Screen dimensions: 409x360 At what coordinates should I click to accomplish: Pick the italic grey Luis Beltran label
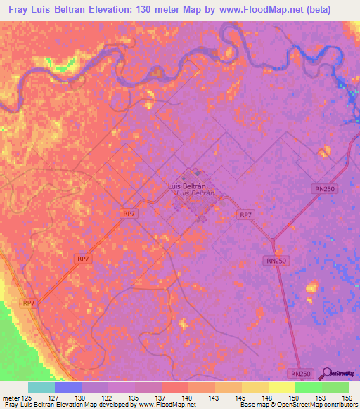195,193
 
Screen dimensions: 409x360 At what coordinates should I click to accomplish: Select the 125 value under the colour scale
28,397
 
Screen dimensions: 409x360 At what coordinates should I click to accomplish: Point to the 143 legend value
215,397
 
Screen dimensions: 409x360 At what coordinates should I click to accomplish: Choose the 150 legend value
295,397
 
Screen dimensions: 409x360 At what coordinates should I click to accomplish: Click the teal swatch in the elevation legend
41,387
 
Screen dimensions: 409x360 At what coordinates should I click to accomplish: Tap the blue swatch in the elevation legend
68,387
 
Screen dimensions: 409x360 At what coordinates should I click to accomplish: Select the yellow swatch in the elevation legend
282,387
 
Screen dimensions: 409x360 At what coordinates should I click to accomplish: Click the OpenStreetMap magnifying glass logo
326,374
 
